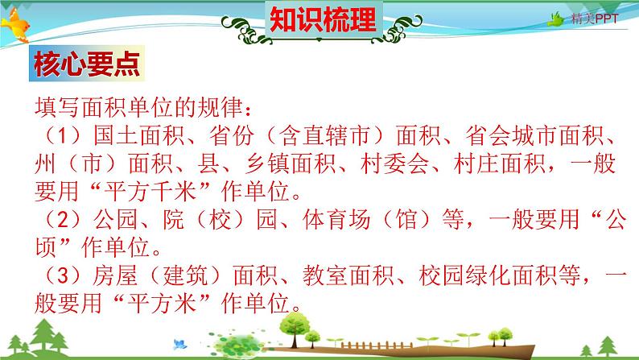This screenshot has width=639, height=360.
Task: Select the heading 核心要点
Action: pyautogui.click(x=85, y=65)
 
